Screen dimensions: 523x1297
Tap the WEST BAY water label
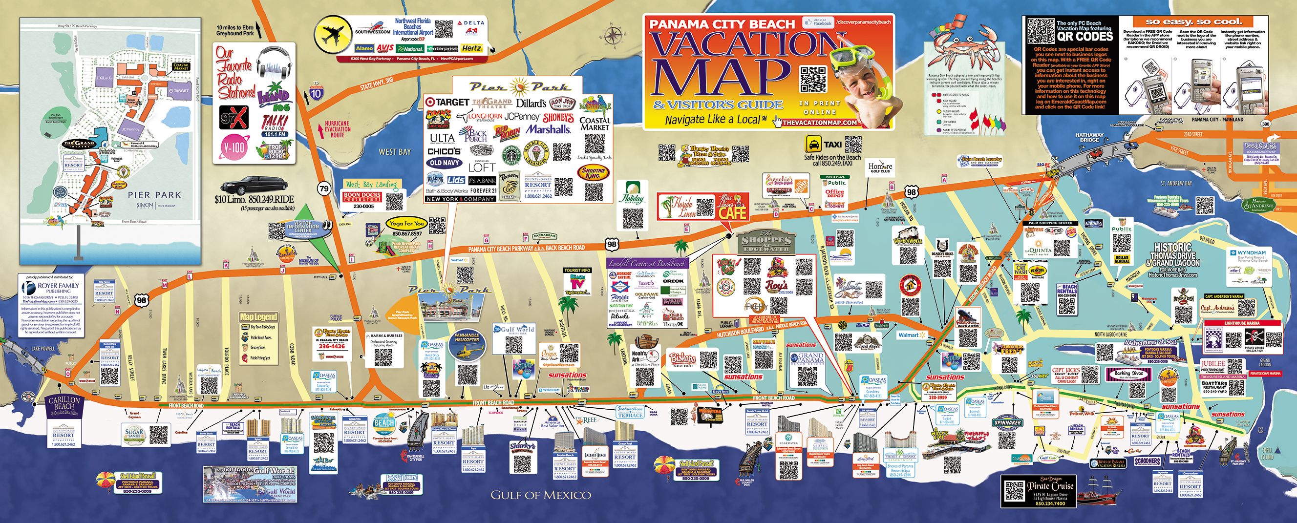click(395, 151)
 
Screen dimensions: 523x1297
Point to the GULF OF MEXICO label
click(541, 495)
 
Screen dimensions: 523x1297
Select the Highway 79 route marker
click(323, 189)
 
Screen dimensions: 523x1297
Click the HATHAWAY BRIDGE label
click(1089, 137)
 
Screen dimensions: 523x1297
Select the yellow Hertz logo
click(472, 49)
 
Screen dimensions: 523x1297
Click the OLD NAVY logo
click(444, 163)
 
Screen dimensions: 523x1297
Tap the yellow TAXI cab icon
click(812, 145)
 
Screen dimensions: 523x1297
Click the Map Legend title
click(258, 317)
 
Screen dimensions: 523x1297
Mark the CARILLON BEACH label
click(64, 403)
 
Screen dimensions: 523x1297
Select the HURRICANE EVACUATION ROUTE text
click(338, 129)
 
